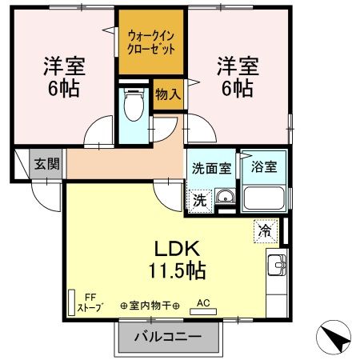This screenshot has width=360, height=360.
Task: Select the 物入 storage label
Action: (166, 94)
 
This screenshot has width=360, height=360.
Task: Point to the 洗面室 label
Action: (210, 169)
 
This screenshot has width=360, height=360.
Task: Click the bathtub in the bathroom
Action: (262, 198)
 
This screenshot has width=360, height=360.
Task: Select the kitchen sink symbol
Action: (277, 263)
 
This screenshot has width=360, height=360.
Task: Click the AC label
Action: (202, 303)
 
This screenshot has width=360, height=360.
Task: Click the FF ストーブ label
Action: (86, 302)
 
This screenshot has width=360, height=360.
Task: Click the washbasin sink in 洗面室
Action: (225, 199)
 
